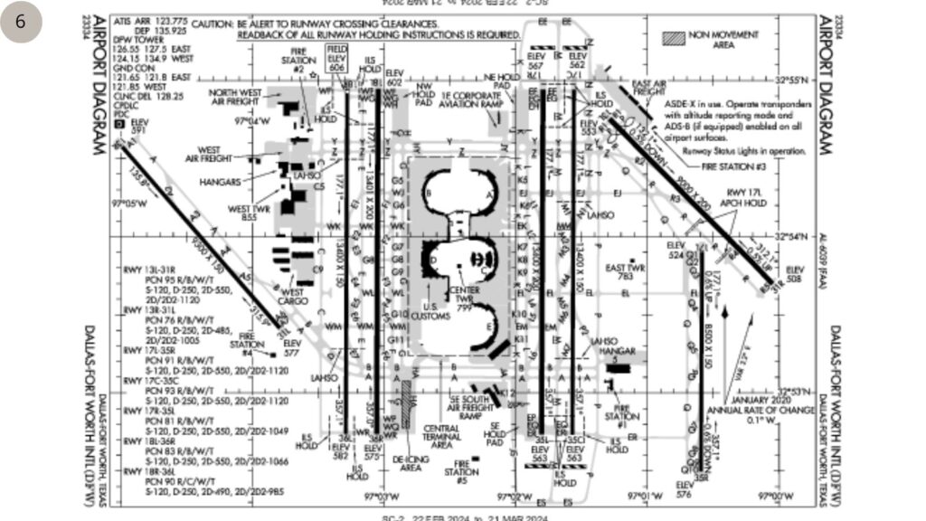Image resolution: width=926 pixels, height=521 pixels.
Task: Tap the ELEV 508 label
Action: click(x=794, y=274)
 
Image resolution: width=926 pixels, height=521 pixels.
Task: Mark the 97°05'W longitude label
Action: click(x=128, y=204)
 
